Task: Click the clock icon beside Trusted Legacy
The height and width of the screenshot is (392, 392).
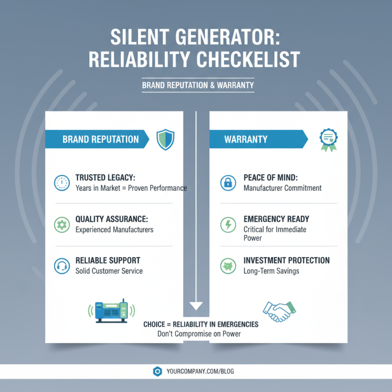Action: click(61, 183)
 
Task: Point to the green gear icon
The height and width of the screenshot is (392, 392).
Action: click(61, 224)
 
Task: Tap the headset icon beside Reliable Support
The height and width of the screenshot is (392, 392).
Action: click(61, 265)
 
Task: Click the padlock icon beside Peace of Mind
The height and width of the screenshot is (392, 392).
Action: click(227, 183)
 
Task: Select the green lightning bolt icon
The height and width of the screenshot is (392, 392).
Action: click(227, 224)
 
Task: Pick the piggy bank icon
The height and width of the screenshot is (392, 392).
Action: click(227, 265)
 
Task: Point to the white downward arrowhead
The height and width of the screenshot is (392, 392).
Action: click(196, 306)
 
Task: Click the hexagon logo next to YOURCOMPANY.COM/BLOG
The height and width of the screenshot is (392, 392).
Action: click(157, 371)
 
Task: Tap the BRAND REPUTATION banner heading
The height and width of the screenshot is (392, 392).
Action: click(100, 139)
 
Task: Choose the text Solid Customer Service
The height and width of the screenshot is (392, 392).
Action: click(109, 271)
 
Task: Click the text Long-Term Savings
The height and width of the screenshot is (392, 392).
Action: click(271, 271)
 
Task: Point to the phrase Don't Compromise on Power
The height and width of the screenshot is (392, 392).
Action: click(199, 334)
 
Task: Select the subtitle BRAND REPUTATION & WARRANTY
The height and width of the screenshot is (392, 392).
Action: click(198, 85)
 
